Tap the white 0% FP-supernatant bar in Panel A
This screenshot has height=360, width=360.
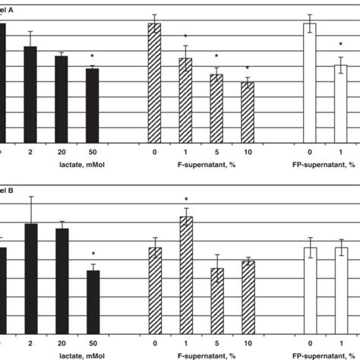click(310, 83)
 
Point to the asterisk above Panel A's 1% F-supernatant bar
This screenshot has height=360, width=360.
click(185, 37)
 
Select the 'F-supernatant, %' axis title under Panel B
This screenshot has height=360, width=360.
click(207, 355)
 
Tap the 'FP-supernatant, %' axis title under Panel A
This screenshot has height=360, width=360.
click(324, 164)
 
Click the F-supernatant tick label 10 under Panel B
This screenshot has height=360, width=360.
click(248, 343)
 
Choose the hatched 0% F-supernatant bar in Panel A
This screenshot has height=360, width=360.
click(154, 83)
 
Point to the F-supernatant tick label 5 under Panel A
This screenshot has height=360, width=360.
click(216, 152)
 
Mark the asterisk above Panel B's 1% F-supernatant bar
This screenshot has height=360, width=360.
click(185, 199)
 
